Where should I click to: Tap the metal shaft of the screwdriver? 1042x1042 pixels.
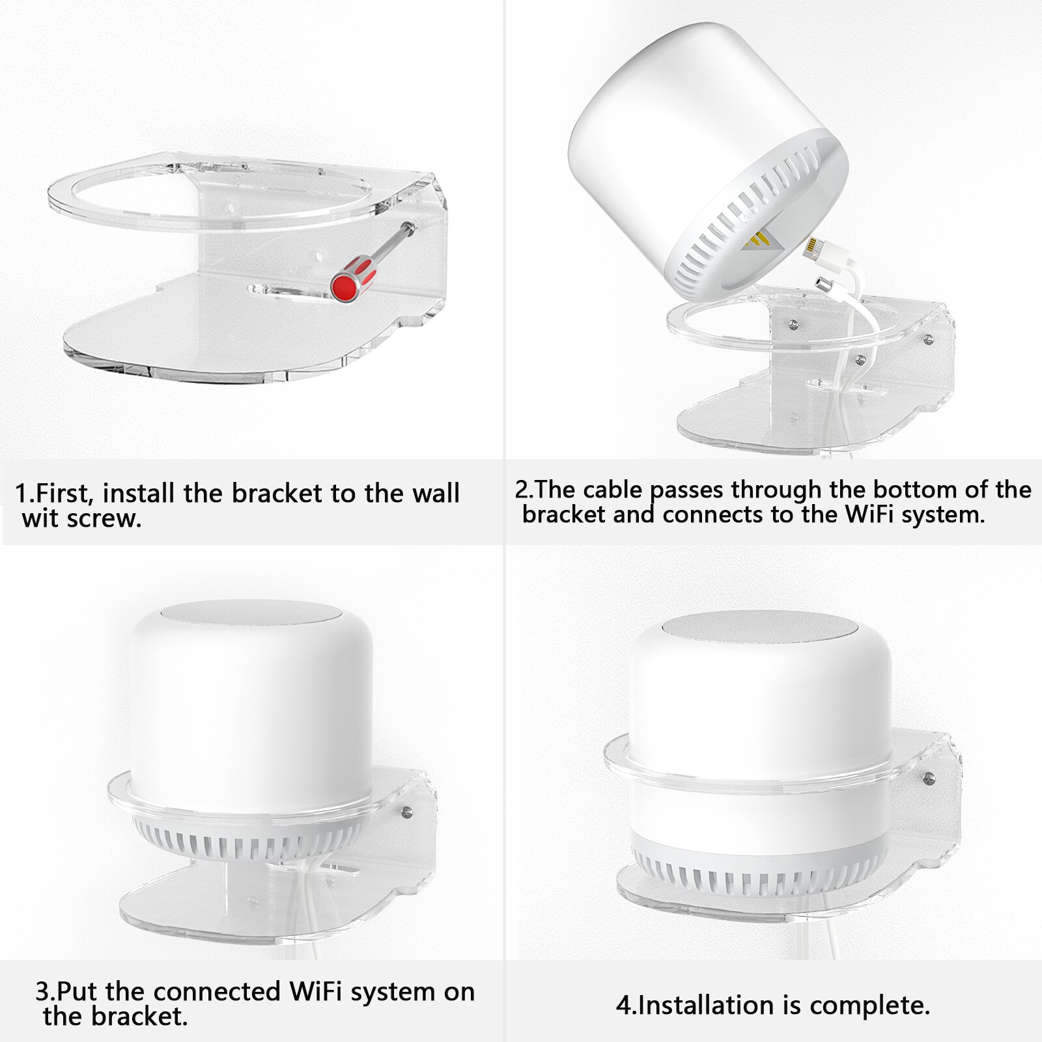click(391, 242)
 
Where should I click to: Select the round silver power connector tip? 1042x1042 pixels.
click(824, 285)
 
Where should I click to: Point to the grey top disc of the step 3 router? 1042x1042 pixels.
click(251, 613)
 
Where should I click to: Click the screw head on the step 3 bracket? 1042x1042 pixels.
click(407, 811)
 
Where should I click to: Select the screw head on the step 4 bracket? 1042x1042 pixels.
click(929, 777)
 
